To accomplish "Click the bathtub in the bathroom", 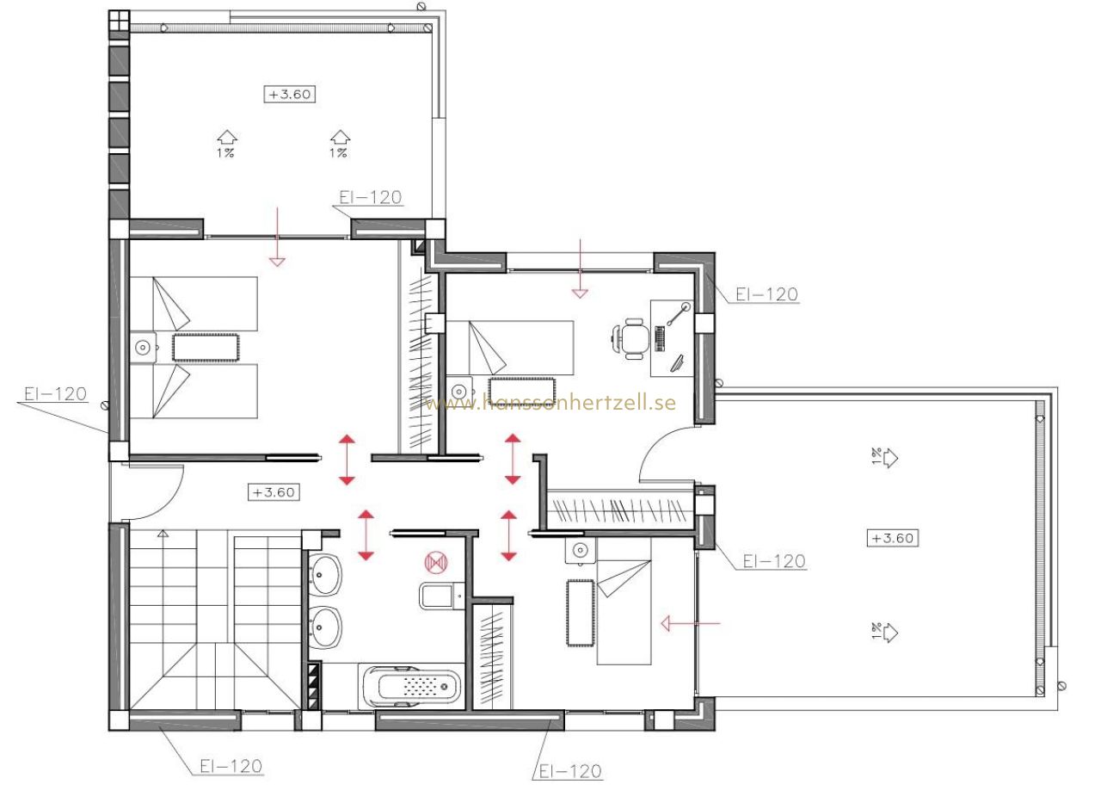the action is pos(412,687).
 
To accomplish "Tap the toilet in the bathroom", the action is pos(441,596).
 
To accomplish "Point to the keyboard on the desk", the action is pos(661,339).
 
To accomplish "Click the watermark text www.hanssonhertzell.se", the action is pos(550,402).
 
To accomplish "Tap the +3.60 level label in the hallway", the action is pos(274,492).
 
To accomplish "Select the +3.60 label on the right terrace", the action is pos(892,538).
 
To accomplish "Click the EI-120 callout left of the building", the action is pos(56,394).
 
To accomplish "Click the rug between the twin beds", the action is pos(206,349).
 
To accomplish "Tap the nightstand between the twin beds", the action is pos(143,348).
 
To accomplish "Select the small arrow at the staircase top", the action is pos(163,533).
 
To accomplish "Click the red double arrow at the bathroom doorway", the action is pos(366,535).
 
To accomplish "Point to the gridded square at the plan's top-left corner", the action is pos(119,21).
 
